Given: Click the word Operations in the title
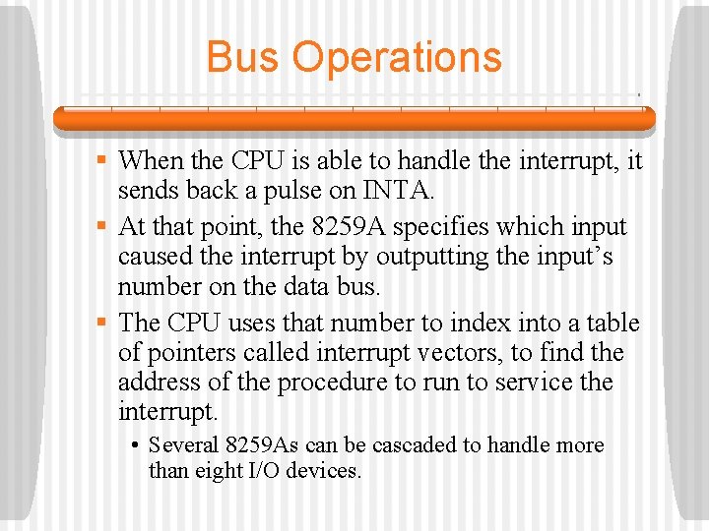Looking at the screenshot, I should (397, 57).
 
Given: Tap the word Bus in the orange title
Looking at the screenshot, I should (244, 57).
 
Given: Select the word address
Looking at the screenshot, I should (159, 382).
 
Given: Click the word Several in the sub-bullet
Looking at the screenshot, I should (184, 445).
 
